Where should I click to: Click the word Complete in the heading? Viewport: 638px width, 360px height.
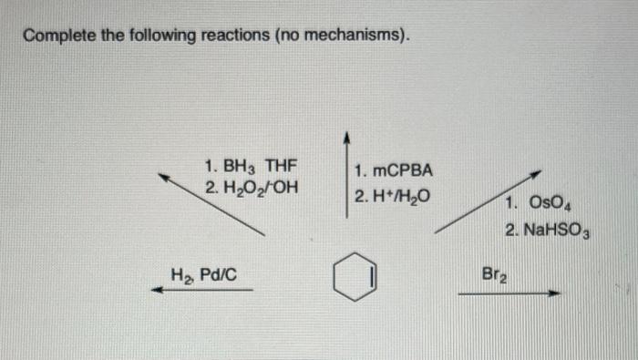point(57,36)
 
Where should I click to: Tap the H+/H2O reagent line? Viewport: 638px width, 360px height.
point(392,196)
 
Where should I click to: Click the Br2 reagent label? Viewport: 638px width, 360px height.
point(494,272)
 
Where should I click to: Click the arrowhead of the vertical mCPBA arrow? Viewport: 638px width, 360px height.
point(346,138)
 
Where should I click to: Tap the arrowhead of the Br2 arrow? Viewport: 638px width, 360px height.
point(553,293)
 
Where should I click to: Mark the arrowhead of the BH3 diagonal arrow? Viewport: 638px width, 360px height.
point(164,178)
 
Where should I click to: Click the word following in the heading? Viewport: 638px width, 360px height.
point(152,36)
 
